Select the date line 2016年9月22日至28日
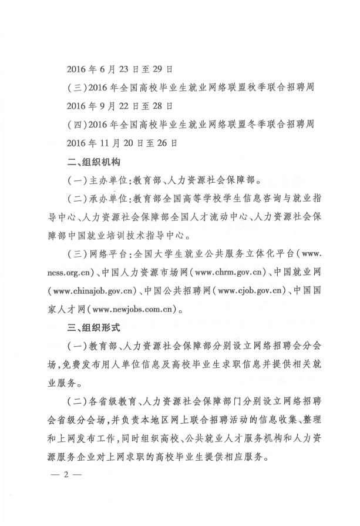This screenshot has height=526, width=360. coord(112,106)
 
